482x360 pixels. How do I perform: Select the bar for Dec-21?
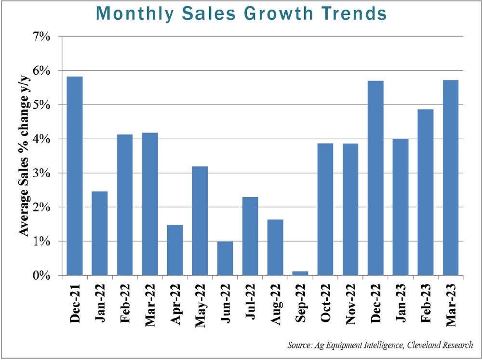pyautogui.click(x=75, y=176)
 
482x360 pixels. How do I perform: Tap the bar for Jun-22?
pyautogui.click(x=225, y=258)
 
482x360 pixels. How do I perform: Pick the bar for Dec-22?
pyautogui.click(x=375, y=178)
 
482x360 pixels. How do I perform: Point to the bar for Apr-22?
pyautogui.click(x=175, y=250)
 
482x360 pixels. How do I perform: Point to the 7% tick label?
pyautogui.click(x=41, y=37)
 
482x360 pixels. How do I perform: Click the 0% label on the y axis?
pyautogui.click(x=41, y=276)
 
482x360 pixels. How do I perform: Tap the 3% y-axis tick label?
pyautogui.click(x=41, y=173)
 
